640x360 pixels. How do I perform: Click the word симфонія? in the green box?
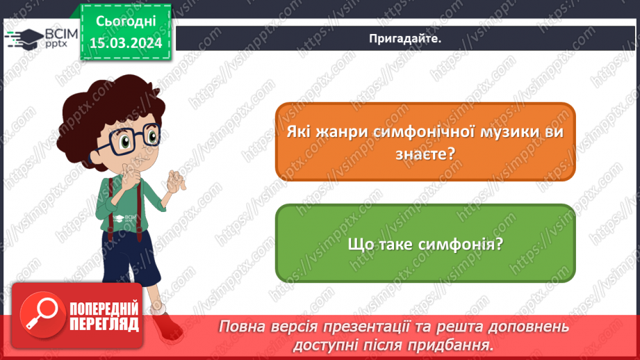pyautogui.click(x=466, y=244)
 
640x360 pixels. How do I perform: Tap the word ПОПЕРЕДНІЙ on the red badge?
pyautogui.click(x=104, y=309)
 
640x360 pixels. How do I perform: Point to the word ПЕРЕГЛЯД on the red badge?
pyautogui.click(x=104, y=323)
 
